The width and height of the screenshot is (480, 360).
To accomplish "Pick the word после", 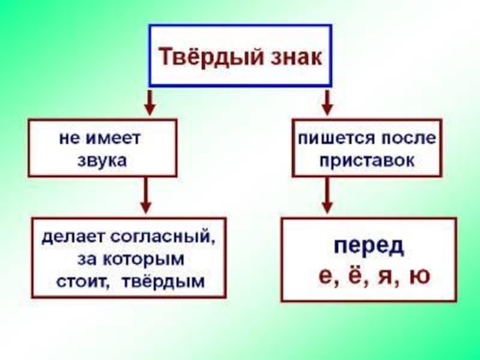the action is [407, 138].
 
